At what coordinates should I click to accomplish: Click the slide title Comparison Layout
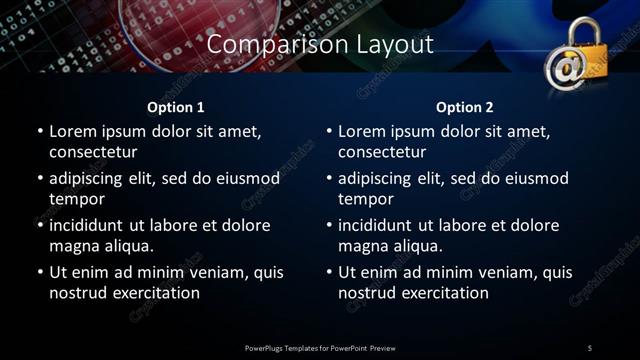320,45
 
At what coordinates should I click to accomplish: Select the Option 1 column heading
176,107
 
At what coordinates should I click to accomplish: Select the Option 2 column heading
465,107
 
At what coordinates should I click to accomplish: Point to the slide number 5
590,348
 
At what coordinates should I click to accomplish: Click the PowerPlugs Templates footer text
319,348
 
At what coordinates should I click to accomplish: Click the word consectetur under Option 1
93,152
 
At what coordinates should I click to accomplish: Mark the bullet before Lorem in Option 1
40,131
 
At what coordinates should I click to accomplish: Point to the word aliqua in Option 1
127,246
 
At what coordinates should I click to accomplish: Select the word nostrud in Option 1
77,293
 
